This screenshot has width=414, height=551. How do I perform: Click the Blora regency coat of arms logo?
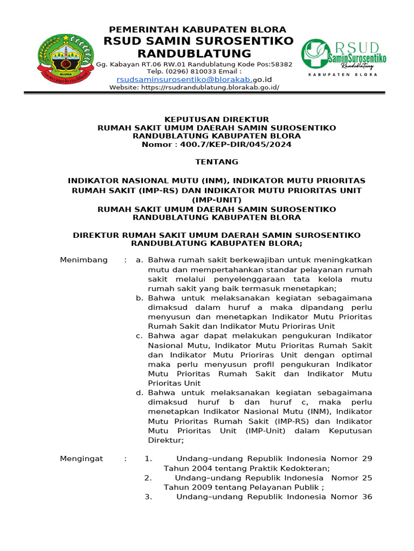65,60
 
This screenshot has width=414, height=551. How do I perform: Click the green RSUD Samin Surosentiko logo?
343,55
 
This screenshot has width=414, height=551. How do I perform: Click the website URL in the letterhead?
210,87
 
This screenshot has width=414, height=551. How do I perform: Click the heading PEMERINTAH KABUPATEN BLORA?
198,30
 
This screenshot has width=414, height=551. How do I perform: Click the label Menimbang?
84,260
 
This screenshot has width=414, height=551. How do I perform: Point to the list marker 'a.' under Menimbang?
139,260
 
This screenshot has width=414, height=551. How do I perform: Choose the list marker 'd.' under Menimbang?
139,393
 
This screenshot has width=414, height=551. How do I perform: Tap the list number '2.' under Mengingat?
148,478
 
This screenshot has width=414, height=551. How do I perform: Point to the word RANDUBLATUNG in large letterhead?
194,53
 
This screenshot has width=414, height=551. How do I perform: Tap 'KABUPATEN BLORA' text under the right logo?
343,76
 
